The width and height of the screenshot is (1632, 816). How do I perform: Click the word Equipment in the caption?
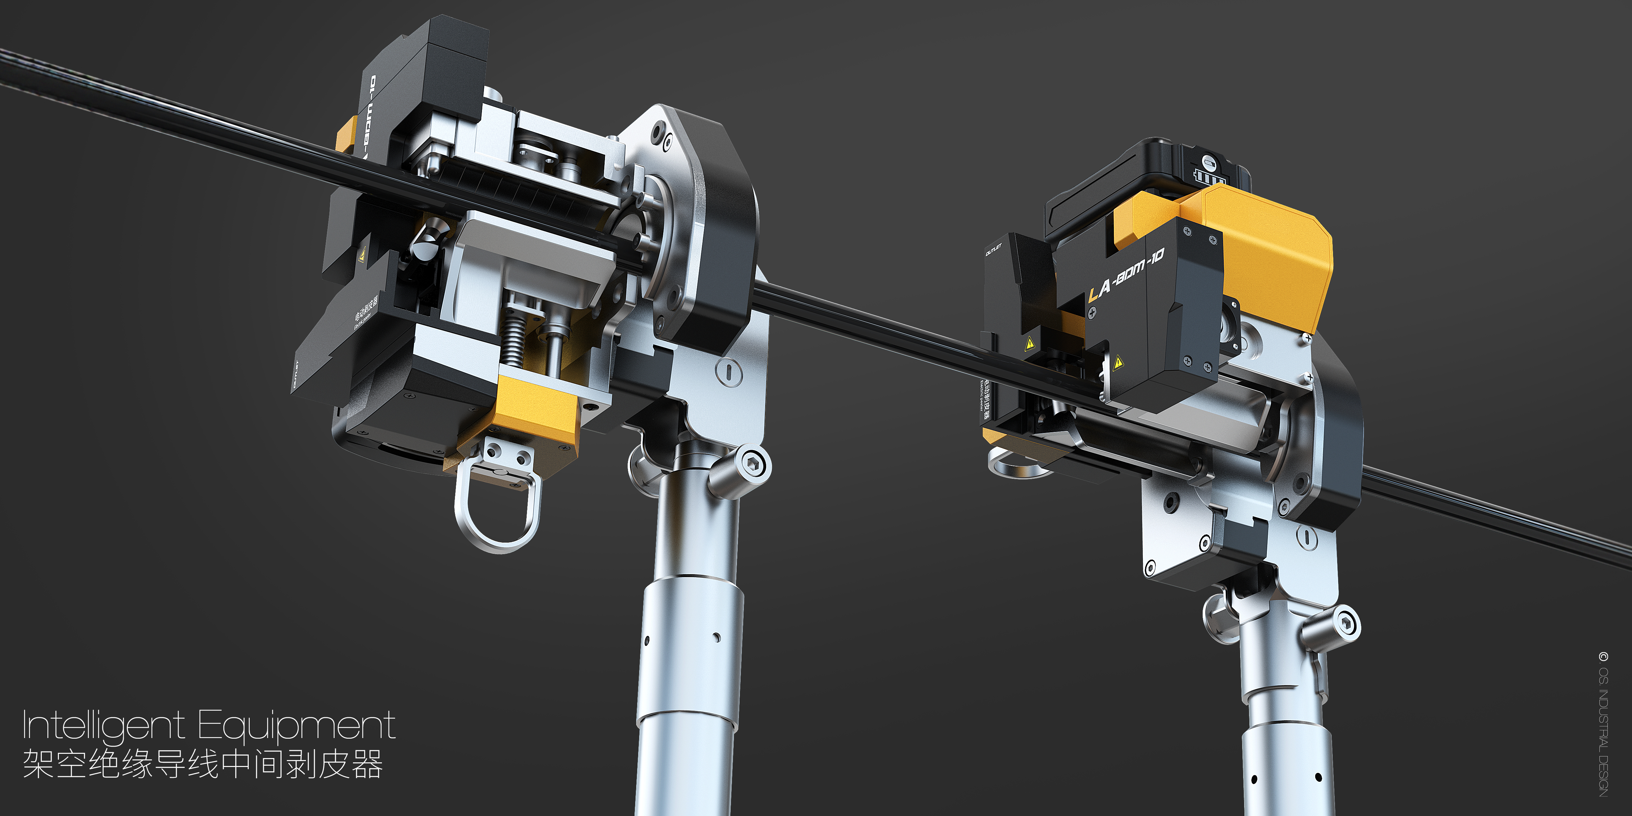pos(296,726)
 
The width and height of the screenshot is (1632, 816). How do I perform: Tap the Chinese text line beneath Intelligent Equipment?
pos(203,764)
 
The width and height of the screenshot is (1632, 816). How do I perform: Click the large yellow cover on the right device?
pos(1273,253)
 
